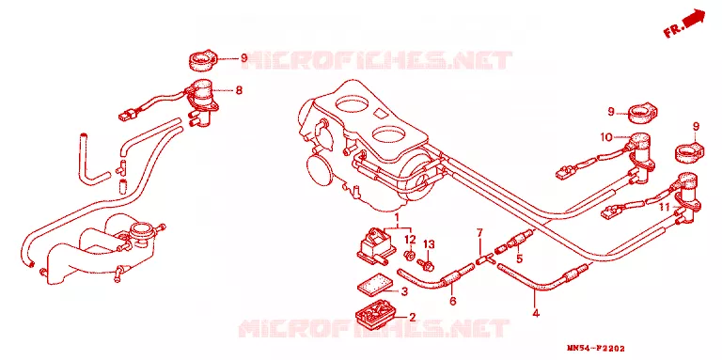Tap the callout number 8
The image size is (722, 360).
click(x=239, y=90)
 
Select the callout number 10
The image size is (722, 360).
click(x=605, y=136)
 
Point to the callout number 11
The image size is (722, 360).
click(x=664, y=208)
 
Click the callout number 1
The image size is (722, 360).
click(x=398, y=216)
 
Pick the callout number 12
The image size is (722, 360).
click(x=410, y=240)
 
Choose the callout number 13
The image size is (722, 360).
click(x=429, y=244)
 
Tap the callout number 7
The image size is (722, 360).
click(x=479, y=232)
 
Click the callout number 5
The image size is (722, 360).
click(x=519, y=258)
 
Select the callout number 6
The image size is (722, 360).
click(x=452, y=301)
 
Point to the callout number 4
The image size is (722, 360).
click(x=536, y=313)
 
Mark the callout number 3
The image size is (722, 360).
click(x=404, y=291)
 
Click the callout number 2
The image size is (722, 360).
click(x=412, y=317)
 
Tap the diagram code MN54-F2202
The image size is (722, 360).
click(x=598, y=350)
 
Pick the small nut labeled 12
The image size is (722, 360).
click(x=408, y=254)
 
